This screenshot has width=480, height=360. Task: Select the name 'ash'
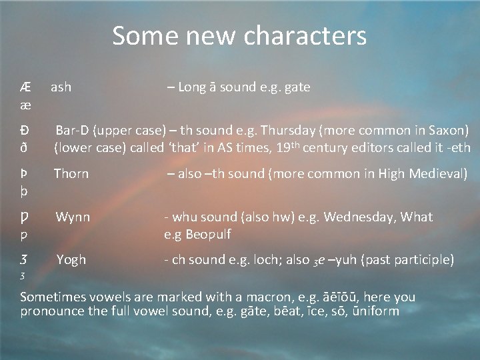pos(61,87)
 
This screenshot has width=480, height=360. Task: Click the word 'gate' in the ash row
pos(297,87)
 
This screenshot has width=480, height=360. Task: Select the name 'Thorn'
pos(71,174)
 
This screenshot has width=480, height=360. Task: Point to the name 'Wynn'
pos(73,217)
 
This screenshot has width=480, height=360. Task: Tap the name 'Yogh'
pos(71,260)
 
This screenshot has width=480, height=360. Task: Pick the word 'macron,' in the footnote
pos(261,297)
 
